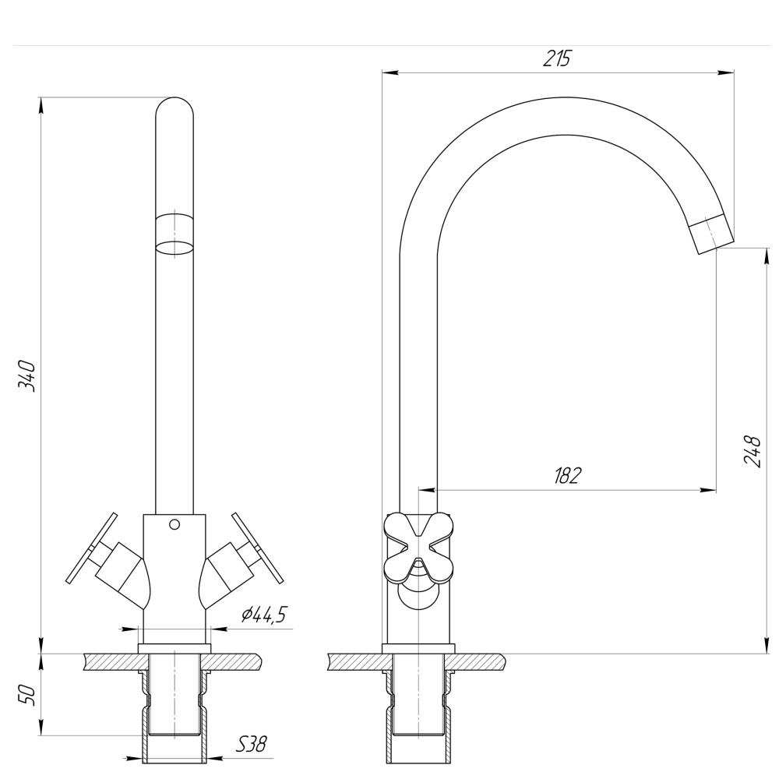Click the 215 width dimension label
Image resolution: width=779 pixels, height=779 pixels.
[557, 58]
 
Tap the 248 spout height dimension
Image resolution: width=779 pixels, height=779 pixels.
[752, 450]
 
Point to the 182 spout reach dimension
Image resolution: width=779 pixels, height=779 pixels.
[568, 476]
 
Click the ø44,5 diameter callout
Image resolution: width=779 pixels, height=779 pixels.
[263, 615]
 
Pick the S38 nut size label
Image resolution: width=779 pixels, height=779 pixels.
[251, 745]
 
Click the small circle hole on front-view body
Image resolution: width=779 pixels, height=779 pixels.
[174, 524]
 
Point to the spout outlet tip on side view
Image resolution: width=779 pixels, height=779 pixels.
[712, 234]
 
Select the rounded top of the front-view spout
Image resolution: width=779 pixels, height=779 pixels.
[174, 109]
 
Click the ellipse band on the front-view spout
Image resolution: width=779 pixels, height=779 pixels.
[174, 249]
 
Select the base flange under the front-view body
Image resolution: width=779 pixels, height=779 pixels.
[174, 648]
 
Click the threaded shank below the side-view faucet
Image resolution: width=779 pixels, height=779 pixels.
[418, 701]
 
